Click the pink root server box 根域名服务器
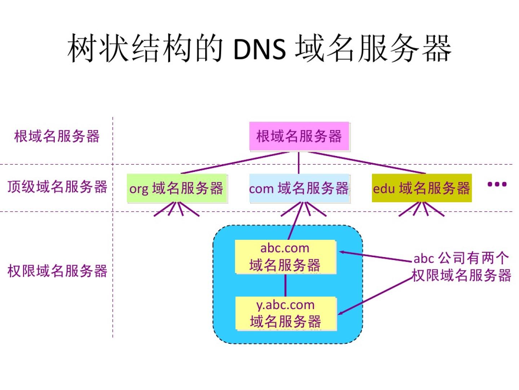(x=299, y=136)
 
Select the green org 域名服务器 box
(x=177, y=188)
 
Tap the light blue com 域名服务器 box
(x=299, y=188)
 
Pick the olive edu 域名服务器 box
(x=421, y=188)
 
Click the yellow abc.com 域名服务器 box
(x=285, y=257)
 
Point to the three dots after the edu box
(x=497, y=185)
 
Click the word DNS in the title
(x=259, y=49)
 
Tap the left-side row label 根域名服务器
(x=57, y=136)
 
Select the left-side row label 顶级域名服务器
(x=57, y=187)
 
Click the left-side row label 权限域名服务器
(x=57, y=271)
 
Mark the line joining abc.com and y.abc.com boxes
(x=285, y=285)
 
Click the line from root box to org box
(x=234, y=163)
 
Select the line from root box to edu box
(x=368, y=163)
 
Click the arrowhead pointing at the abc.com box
(x=342, y=252)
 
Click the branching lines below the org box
(x=177, y=209)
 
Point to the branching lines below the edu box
(x=421, y=209)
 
